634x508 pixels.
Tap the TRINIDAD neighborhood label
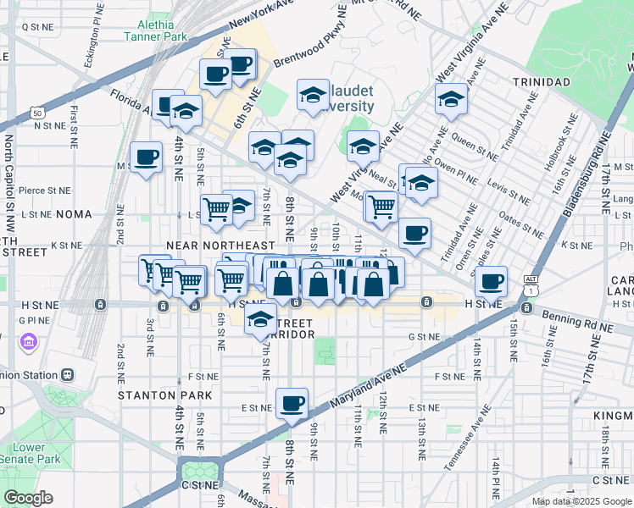tap(541, 82)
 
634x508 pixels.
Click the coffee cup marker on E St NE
tap(292, 404)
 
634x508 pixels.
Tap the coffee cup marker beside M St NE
tap(147, 157)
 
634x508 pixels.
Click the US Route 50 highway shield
tap(36, 111)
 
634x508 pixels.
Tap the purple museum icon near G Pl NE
tap(28, 341)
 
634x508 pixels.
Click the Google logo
tap(28, 498)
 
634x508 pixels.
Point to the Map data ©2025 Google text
tap(581, 501)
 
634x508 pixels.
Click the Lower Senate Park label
tap(30, 453)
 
